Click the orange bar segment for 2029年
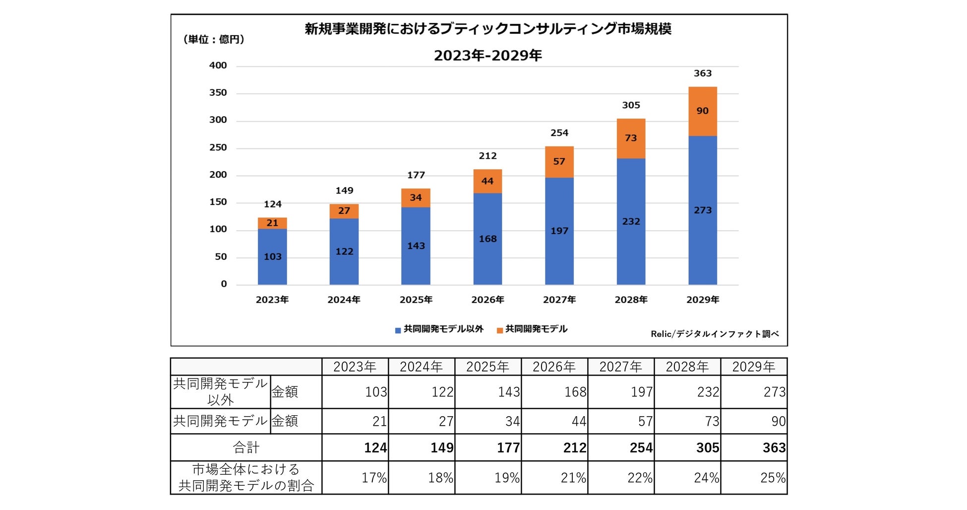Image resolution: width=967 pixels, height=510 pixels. pyautogui.click(x=702, y=112)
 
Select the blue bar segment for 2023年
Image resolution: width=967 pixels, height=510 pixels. pyautogui.click(x=272, y=256)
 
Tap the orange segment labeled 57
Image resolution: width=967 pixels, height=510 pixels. pyautogui.click(x=559, y=162)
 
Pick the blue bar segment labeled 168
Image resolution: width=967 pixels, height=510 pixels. pyautogui.click(x=487, y=239)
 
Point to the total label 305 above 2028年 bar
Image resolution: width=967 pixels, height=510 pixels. pyautogui.click(x=631, y=105)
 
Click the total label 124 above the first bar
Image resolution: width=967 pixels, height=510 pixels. pyautogui.click(x=272, y=204)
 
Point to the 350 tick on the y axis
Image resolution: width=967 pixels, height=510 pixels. pyautogui.click(x=218, y=93)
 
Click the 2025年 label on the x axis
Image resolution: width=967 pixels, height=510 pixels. pyautogui.click(x=416, y=300)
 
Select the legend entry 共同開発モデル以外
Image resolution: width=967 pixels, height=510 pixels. pyautogui.click(x=439, y=329)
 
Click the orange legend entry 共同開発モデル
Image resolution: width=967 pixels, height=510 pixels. pyautogui.click(x=532, y=329)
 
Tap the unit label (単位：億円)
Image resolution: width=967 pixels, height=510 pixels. pyautogui.click(x=214, y=40)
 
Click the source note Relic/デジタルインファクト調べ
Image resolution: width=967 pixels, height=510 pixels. pyautogui.click(x=715, y=334)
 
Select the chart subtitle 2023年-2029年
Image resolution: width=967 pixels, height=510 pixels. pyautogui.click(x=487, y=56)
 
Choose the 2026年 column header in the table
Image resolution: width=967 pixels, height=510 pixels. pyautogui.click(x=554, y=367)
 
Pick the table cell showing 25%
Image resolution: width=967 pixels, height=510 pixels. pyautogui.click(x=773, y=478)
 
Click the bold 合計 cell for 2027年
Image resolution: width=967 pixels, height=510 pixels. pyautogui.click(x=641, y=447)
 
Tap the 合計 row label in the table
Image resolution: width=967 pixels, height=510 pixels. pyautogui.click(x=246, y=447)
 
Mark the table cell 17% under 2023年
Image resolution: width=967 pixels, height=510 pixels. pyautogui.click(x=374, y=478)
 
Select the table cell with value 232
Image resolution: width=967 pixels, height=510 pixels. pyautogui.click(x=708, y=392)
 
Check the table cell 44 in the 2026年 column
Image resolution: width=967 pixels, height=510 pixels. pyautogui.click(x=578, y=421)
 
